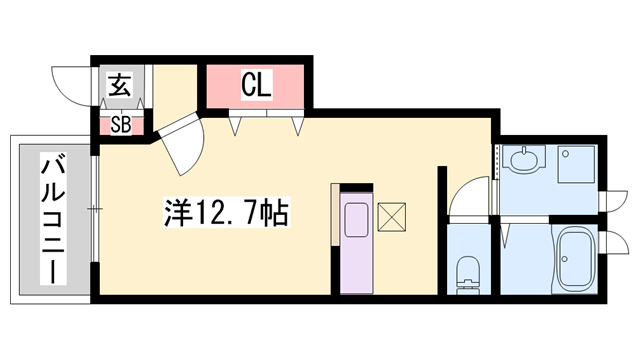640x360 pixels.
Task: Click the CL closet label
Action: click(x=256, y=86)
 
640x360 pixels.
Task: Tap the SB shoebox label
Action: click(x=120, y=125)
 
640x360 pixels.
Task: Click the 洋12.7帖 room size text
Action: click(x=227, y=212)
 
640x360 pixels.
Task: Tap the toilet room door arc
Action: click(x=463, y=199)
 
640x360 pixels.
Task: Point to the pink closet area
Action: click(x=256, y=88)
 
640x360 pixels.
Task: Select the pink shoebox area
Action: click(x=120, y=125)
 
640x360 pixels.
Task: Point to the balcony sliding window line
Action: click(x=92, y=209)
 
